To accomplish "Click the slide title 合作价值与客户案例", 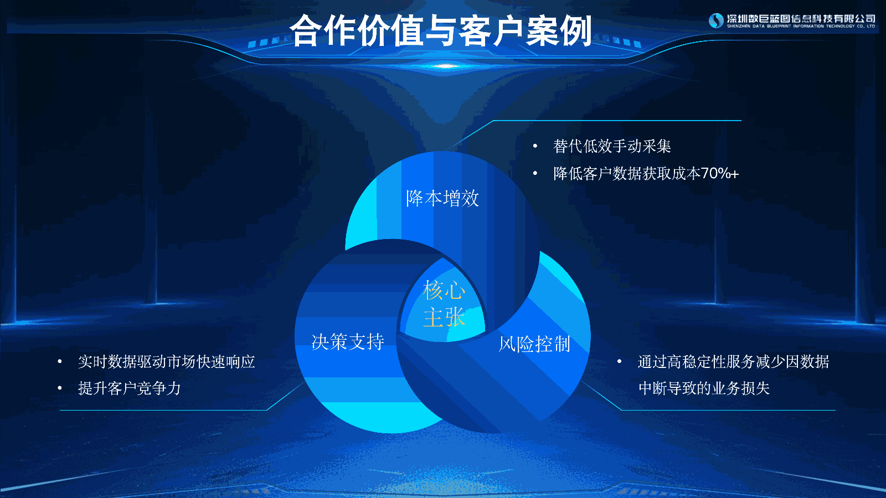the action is click(x=441, y=30).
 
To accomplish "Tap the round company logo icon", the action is click(x=716, y=20).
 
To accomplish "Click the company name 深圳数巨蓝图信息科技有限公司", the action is click(x=801, y=19).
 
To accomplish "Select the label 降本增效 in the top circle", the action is click(x=442, y=198).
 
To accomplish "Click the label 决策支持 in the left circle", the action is click(x=348, y=342).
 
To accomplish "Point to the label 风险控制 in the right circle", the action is click(x=534, y=344).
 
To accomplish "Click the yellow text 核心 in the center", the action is click(x=444, y=290).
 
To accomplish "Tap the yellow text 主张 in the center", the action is click(x=444, y=317).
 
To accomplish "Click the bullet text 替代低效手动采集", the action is click(x=612, y=146).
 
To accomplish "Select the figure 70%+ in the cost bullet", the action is click(x=719, y=174).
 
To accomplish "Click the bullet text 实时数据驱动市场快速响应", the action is click(x=167, y=362).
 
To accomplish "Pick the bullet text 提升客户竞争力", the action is click(x=130, y=388).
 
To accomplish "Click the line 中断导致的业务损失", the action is click(x=704, y=388).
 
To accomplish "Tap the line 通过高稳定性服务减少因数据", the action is click(x=733, y=362).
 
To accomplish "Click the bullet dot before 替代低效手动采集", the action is click(x=535, y=146).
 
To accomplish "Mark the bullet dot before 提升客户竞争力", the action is click(x=60, y=388).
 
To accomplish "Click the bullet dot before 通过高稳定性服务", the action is click(x=620, y=361).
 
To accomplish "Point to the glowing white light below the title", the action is click(x=445, y=66).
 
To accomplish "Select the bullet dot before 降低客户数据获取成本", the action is click(x=535, y=173).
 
